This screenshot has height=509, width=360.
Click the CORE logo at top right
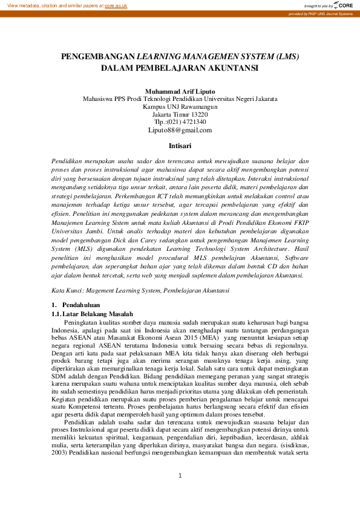pyautogui.click(x=343, y=5)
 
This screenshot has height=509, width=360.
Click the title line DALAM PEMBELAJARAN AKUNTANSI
pyautogui.click(x=180, y=68)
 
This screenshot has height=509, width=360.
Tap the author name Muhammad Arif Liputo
pyautogui.click(x=180, y=91)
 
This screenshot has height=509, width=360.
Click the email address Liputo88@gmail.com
pyautogui.click(x=180, y=130)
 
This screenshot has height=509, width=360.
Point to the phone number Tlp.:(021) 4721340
pyautogui.click(x=180, y=122)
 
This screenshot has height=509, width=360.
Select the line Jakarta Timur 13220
pyautogui.click(x=180, y=114)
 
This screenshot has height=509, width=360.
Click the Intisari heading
pyautogui.click(x=180, y=146)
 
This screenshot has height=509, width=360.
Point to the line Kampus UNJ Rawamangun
pyautogui.click(x=180, y=106)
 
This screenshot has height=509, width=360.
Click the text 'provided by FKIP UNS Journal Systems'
pyautogui.click(x=320, y=13)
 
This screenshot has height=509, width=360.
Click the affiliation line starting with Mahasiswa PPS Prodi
pyautogui.click(x=180, y=99)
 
